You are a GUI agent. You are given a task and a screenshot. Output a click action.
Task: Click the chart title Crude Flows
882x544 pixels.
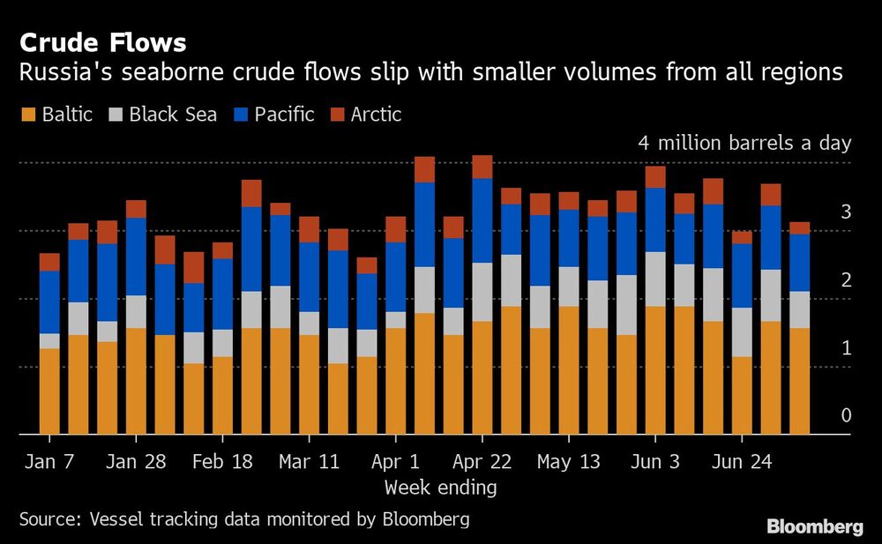pos(102,42)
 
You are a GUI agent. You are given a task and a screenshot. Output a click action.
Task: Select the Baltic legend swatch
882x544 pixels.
pos(27,115)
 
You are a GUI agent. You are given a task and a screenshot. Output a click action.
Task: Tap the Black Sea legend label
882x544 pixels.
pos(173,115)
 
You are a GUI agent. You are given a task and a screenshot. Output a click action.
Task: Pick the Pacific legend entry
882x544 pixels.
pos(282,115)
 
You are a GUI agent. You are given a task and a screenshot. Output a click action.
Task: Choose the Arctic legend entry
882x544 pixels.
pos(376,115)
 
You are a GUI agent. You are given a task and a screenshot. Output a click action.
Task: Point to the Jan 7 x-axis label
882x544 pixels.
pos(49,462)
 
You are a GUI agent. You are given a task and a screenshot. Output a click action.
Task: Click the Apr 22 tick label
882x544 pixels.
pos(482,462)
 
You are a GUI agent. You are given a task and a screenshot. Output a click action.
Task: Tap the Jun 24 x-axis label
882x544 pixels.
pos(741,462)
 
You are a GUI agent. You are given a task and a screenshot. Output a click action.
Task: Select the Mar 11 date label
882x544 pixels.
pos(309,462)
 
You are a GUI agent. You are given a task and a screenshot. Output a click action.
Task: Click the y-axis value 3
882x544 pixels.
pos(846,212)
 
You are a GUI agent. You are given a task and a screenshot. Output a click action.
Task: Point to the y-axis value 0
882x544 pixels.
pos(846,415)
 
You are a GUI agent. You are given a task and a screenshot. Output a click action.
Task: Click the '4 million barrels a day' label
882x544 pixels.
pos(744,144)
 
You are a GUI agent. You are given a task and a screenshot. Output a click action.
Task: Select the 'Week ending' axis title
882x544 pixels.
pos(440,488)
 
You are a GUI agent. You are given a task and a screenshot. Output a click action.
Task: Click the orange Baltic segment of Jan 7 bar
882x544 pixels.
pos(49,391)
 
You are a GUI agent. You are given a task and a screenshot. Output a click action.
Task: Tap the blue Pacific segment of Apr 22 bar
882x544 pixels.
pos(482,220)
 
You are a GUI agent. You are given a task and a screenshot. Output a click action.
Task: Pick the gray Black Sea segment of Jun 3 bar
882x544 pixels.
pos(654,279)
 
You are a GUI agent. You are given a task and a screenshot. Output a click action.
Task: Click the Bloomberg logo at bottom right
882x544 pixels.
pos(814,527)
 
